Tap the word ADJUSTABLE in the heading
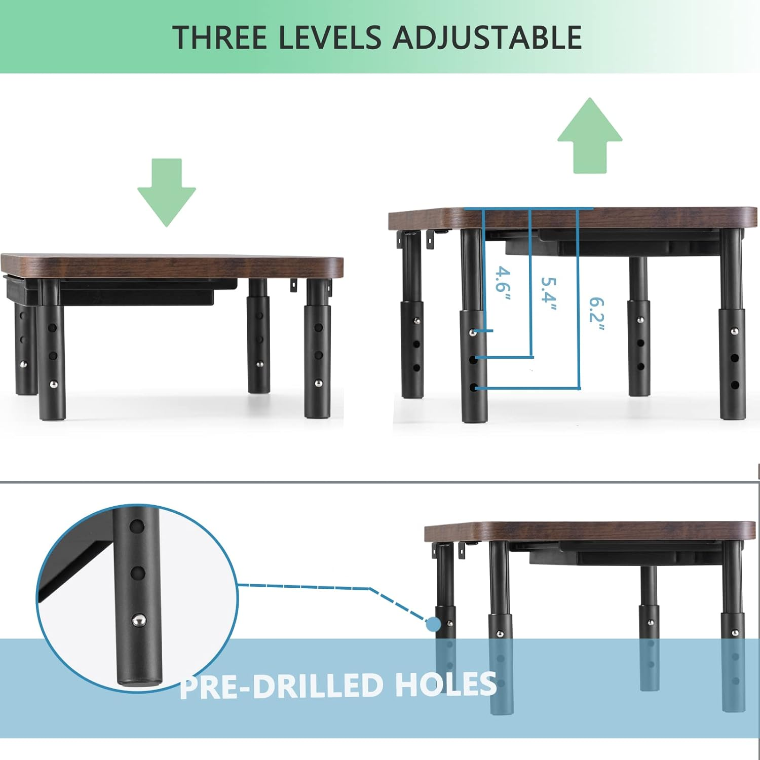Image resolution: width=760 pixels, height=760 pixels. (x=487, y=37)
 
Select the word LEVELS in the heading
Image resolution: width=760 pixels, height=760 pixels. (x=329, y=37)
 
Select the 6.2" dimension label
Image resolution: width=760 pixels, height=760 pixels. (x=596, y=314)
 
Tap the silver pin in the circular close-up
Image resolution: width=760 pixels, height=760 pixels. (x=138, y=619)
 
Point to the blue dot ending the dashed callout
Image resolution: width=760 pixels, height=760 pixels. (x=433, y=624)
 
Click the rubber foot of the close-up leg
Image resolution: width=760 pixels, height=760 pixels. (x=138, y=682)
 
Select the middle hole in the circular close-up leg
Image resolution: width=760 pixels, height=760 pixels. (x=137, y=573)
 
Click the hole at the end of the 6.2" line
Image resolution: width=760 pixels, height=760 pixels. (x=474, y=388)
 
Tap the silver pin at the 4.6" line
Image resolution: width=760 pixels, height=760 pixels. (x=472, y=332)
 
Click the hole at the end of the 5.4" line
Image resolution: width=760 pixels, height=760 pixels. (x=473, y=359)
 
